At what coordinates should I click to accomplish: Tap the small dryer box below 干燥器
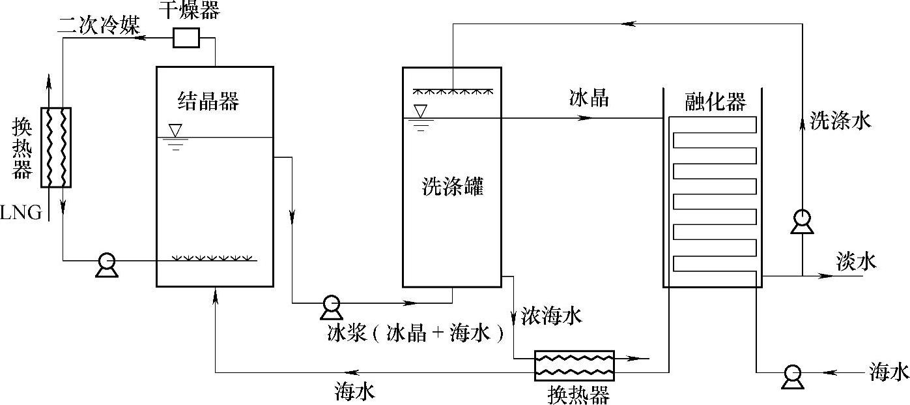(186, 38)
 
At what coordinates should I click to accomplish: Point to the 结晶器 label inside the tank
(208, 101)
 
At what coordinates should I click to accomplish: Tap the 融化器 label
(715, 102)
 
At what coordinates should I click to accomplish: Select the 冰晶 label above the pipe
(589, 98)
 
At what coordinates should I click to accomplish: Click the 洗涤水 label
(840, 121)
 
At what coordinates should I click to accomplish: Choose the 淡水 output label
(856, 262)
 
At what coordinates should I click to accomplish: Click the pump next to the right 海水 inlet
(792, 374)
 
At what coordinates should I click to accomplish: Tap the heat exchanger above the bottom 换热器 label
(574, 365)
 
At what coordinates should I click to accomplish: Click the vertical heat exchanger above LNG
(55, 147)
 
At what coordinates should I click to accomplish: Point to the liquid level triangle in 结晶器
(175, 129)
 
